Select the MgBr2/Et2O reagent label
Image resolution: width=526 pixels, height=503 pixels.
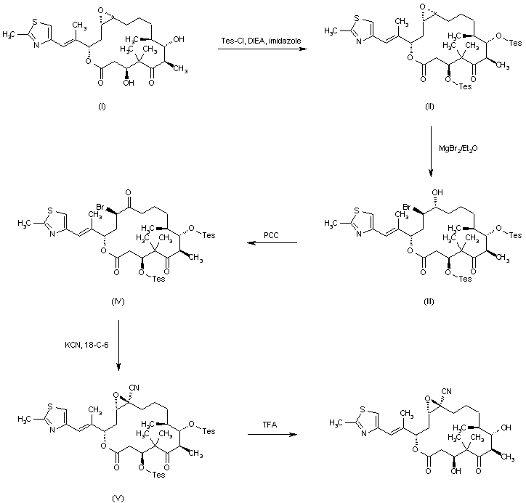pos(458,149)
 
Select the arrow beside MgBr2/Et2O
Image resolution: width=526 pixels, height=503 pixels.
pos(431,152)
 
